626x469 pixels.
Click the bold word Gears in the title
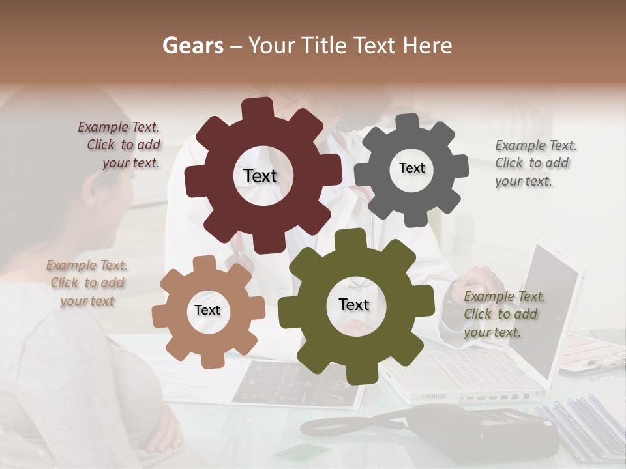[x=192, y=46]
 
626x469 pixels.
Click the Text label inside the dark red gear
[x=260, y=176]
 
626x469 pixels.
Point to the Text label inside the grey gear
[x=411, y=168]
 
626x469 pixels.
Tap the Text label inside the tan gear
[x=207, y=310]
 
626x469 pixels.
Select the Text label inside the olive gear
[x=354, y=304]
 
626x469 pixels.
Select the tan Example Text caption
[x=87, y=283]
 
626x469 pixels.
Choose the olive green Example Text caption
[x=504, y=314]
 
